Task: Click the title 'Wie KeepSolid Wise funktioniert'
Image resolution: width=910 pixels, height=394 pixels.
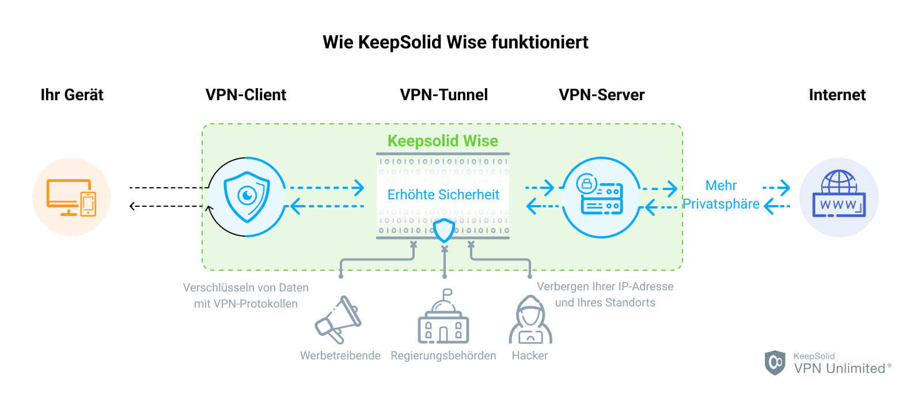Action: click(x=455, y=43)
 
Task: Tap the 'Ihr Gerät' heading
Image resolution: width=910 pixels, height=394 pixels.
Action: click(x=72, y=95)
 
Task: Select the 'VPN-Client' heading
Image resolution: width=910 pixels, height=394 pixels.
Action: click(x=246, y=95)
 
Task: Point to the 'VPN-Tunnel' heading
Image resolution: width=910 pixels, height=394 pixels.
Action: click(x=443, y=95)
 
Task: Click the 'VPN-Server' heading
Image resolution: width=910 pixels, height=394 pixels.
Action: click(x=601, y=95)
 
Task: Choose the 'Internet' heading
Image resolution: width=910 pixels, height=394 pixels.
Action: click(x=837, y=95)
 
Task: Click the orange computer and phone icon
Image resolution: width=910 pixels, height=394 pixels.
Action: click(x=71, y=197)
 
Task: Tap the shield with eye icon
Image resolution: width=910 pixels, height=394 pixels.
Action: click(x=247, y=197)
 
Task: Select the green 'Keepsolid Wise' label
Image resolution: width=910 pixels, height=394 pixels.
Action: click(x=442, y=141)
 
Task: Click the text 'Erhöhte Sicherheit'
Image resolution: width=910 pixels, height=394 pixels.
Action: click(x=443, y=195)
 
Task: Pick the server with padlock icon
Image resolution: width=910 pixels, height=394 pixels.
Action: click(x=601, y=197)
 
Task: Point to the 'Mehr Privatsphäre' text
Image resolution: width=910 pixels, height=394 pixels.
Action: click(x=721, y=195)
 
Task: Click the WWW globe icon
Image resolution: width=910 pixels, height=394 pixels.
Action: click(x=839, y=195)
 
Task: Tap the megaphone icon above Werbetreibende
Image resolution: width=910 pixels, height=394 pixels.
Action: click(x=339, y=320)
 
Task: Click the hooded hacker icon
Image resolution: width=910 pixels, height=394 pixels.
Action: click(x=530, y=320)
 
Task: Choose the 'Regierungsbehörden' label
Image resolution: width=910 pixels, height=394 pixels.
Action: click(x=443, y=355)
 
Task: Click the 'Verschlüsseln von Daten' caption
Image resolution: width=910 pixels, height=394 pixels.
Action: click(x=246, y=287)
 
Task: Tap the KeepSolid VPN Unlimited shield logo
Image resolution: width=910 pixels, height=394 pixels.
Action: click(x=775, y=362)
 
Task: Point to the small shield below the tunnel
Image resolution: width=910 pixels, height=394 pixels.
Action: click(x=444, y=230)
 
